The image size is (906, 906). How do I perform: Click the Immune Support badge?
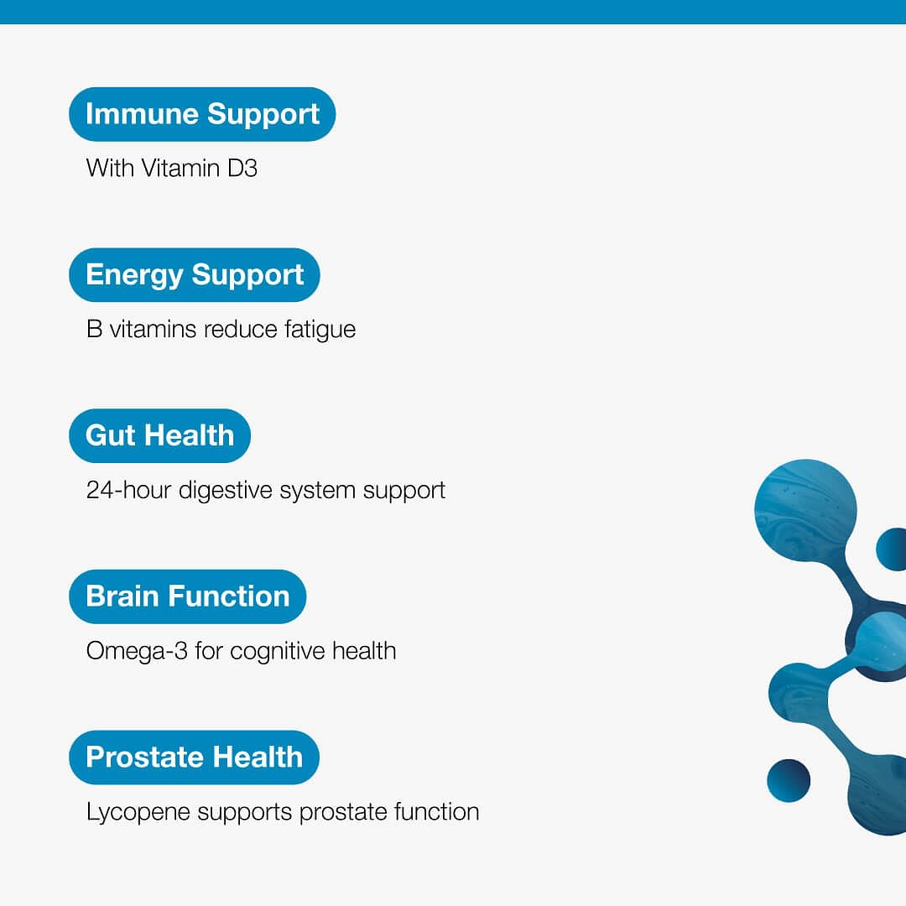202,114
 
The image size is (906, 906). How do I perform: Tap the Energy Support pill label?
194,275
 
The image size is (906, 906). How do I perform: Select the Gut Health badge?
159,435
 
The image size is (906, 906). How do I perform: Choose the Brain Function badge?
187,596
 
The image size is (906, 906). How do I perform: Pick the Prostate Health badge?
194,757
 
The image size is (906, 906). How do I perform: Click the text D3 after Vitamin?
242,169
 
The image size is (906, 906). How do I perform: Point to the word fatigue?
320,331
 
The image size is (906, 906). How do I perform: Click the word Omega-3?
137,651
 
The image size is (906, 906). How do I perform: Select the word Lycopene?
138,813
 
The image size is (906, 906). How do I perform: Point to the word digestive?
226,491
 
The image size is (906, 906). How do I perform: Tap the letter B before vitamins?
94,330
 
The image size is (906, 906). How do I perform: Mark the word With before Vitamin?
110,169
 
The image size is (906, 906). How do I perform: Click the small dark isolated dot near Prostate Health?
788,781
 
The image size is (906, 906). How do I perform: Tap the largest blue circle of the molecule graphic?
805,510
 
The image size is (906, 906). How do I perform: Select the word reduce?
241,330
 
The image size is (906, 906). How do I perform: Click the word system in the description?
317,492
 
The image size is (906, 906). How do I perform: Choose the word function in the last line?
436,812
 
